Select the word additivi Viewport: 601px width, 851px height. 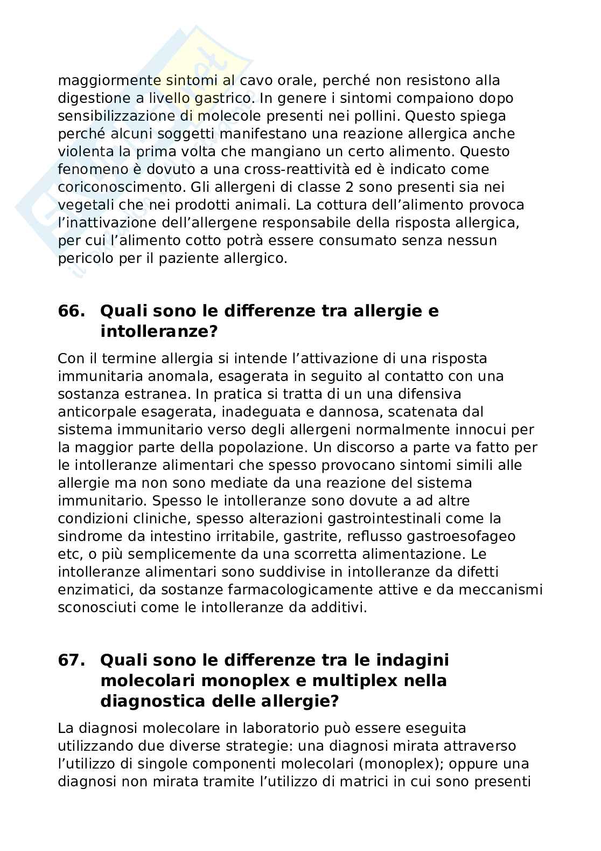pyautogui.click(x=340, y=607)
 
